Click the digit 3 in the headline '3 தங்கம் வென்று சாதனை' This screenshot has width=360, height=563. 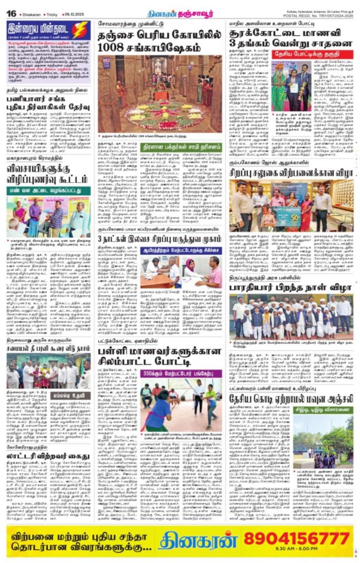click(x=235, y=45)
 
